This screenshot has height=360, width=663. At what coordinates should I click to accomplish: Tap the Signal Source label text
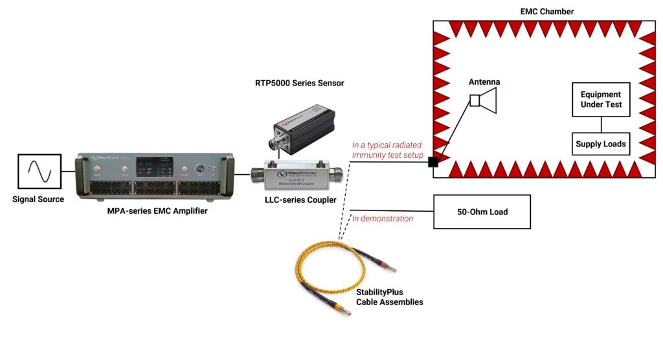tap(39, 199)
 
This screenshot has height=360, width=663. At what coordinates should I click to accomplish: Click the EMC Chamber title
tap(547, 12)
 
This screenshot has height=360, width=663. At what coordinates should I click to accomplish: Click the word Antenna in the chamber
tap(484, 82)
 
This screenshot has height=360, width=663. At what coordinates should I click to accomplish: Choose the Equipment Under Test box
tap(601, 99)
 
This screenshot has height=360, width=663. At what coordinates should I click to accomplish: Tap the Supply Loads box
tap(601, 144)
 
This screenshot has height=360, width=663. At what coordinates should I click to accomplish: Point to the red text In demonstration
tap(383, 219)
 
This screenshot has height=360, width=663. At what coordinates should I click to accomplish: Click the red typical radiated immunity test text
tap(387, 150)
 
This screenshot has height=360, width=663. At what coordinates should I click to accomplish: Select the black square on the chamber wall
tap(433, 162)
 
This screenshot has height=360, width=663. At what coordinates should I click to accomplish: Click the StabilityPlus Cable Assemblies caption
tap(389, 297)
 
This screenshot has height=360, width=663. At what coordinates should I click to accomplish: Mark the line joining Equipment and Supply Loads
tap(601, 124)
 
